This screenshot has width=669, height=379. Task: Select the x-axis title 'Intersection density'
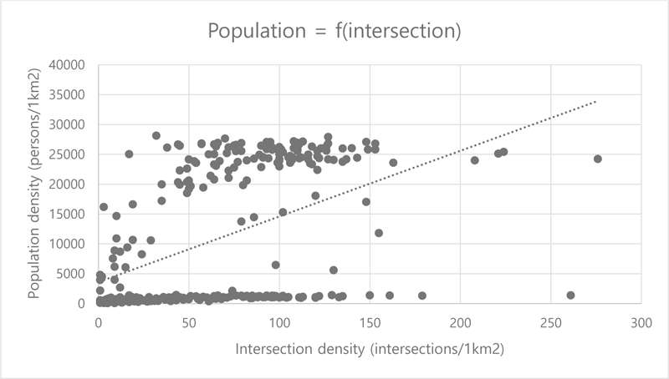[370, 347]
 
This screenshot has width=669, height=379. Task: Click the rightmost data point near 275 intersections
[597, 159]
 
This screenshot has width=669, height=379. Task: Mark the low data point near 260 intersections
[570, 295]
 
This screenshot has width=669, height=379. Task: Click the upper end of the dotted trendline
[595, 102]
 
